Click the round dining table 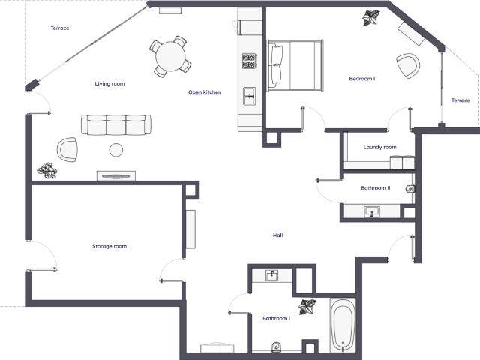click(170, 57)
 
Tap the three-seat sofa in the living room click(116, 124)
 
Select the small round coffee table click(116, 150)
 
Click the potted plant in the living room click(46, 170)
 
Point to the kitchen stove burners click(249, 61)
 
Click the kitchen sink click(250, 96)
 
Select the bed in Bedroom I click(295, 65)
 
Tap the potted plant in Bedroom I click(371, 18)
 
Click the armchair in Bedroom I click(407, 65)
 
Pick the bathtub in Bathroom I click(343, 325)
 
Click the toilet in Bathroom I click(276, 346)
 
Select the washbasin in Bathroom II click(372, 211)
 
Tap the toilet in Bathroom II click(410, 189)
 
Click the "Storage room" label click(109, 246)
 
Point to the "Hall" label click(278, 235)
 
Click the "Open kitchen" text click(205, 92)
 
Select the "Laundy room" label click(380, 147)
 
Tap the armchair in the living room click(67, 149)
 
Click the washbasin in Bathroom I click(271, 275)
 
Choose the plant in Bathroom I click(307, 307)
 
